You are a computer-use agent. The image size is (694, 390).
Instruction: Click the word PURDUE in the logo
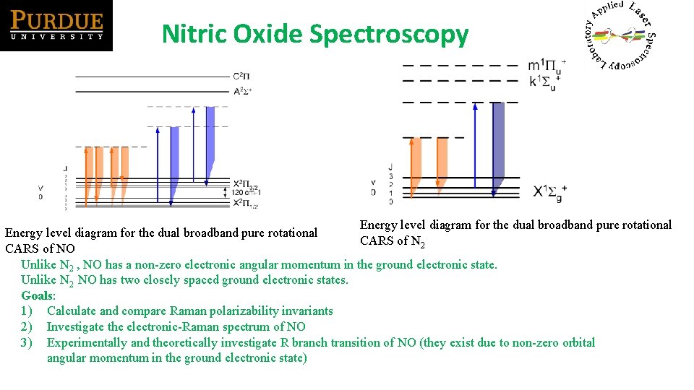(x=56, y=19)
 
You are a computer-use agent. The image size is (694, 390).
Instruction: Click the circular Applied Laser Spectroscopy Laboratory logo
(x=620, y=35)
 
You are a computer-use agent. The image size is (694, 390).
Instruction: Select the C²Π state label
(x=241, y=77)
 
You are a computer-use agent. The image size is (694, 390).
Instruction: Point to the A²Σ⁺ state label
(x=242, y=92)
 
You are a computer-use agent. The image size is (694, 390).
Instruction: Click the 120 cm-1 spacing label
(x=246, y=193)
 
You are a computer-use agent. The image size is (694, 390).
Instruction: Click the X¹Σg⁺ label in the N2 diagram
(x=550, y=191)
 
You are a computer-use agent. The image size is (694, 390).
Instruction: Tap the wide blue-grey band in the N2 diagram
(x=499, y=144)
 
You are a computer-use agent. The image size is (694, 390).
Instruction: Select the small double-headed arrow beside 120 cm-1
(x=226, y=193)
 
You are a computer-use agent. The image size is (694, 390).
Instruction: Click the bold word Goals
(x=38, y=295)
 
